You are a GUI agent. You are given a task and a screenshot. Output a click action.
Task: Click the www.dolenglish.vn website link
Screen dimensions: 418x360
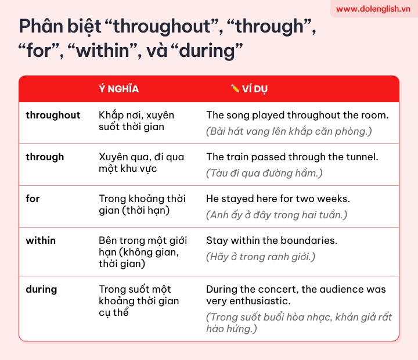click(x=373, y=9)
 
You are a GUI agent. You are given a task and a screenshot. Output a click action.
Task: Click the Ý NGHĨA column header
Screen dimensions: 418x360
click(x=118, y=88)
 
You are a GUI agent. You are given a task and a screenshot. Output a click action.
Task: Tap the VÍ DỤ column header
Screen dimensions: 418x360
click(x=255, y=89)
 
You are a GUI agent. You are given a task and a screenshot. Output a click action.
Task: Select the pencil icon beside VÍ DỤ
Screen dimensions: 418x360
click(x=235, y=88)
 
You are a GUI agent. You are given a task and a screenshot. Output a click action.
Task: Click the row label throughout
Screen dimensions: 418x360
click(x=53, y=115)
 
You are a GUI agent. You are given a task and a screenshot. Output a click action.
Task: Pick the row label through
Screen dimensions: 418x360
click(x=45, y=157)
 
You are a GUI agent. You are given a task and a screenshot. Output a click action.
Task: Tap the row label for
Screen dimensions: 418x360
click(x=33, y=199)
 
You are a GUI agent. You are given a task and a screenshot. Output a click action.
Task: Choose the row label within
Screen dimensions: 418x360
click(x=41, y=240)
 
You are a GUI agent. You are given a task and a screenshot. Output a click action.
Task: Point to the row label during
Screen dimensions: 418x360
click(x=41, y=290)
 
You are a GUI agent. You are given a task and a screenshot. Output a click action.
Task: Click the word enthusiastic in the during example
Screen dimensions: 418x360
click(x=260, y=301)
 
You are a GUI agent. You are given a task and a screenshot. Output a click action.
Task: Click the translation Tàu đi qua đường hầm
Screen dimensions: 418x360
click(x=264, y=173)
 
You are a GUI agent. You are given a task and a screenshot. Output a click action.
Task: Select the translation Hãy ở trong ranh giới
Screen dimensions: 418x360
click(x=261, y=257)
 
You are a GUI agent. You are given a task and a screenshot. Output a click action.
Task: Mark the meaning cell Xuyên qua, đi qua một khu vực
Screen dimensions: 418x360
click(x=141, y=163)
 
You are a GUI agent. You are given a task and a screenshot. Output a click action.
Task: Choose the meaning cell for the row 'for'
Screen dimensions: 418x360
click(x=142, y=204)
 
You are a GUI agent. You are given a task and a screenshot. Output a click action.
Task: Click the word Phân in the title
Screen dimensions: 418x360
click(x=41, y=26)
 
